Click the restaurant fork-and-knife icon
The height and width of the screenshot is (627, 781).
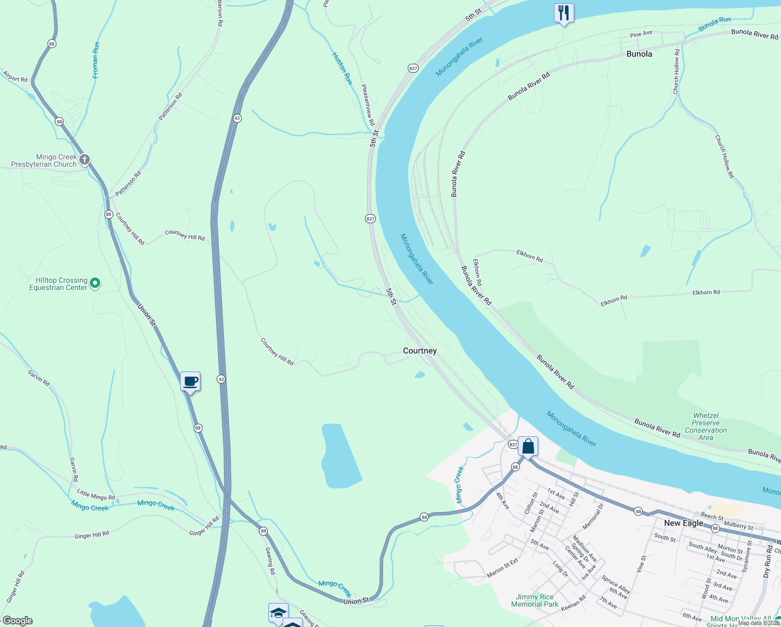click(564, 13)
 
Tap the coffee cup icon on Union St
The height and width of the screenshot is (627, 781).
click(191, 381)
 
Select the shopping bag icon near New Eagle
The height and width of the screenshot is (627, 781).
click(528, 447)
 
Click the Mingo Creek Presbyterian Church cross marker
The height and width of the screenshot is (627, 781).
click(85, 159)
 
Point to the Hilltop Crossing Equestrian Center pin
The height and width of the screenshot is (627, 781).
click(95, 283)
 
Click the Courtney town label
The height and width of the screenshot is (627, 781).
click(420, 351)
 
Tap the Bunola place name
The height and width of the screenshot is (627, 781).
click(639, 54)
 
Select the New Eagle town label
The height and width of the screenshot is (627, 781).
click(683, 523)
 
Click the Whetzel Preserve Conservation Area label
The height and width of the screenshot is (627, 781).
click(706, 426)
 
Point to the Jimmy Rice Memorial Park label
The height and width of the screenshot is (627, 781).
click(535, 600)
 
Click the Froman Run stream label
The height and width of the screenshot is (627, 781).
click(96, 60)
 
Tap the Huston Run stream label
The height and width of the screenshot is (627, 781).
click(342, 68)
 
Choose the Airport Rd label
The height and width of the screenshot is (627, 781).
click(15, 76)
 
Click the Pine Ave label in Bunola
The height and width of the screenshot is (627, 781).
click(641, 34)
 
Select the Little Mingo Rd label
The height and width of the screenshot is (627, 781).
click(96, 494)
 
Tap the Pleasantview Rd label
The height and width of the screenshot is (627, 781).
click(368, 104)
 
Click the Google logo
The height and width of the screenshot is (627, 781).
click(17, 621)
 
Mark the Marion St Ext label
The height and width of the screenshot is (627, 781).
click(502, 568)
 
